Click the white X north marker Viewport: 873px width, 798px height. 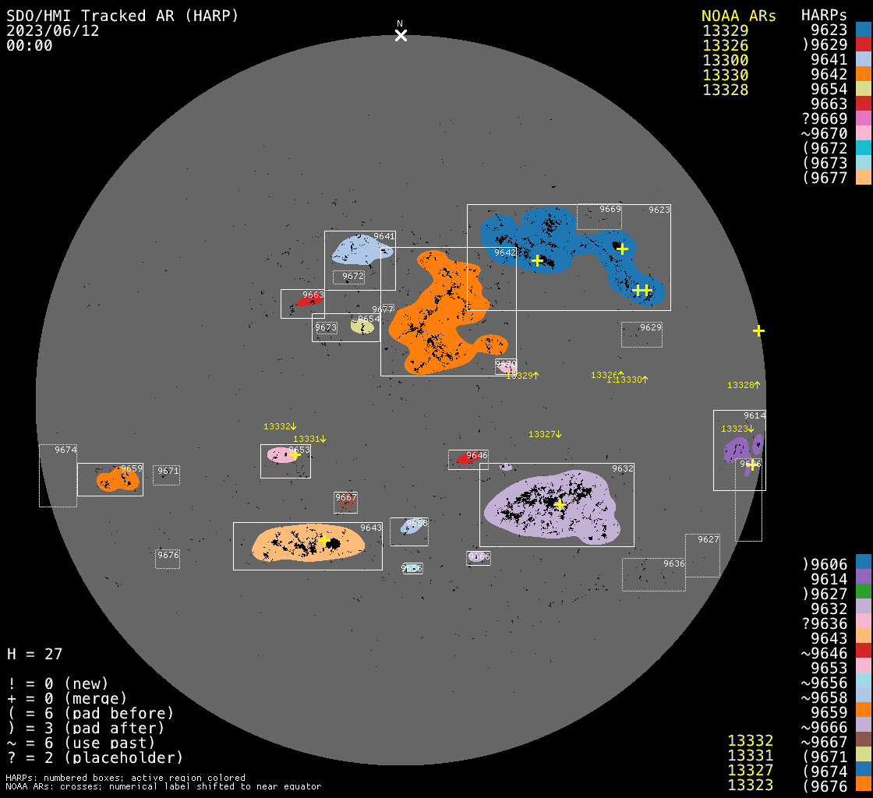[401, 35]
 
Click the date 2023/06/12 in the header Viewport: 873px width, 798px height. [53, 30]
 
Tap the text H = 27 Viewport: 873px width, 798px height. [35, 654]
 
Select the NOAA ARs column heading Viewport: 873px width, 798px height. [738, 16]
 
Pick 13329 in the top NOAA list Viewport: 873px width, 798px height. [725, 31]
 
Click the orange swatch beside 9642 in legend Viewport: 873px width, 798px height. [863, 75]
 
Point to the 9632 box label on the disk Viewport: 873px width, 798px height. [623, 468]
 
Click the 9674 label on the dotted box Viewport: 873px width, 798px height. [65, 450]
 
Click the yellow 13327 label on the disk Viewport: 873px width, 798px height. [545, 434]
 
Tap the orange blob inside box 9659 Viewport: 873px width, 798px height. [118, 480]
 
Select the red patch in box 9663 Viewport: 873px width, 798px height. [309, 301]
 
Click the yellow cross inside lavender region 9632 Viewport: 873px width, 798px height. [560, 504]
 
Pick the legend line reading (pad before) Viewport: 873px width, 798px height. [90, 713]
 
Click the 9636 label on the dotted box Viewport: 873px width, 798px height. [674, 563]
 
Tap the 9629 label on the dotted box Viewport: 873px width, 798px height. [651, 327]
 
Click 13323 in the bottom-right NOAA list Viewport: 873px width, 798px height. [750, 785]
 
